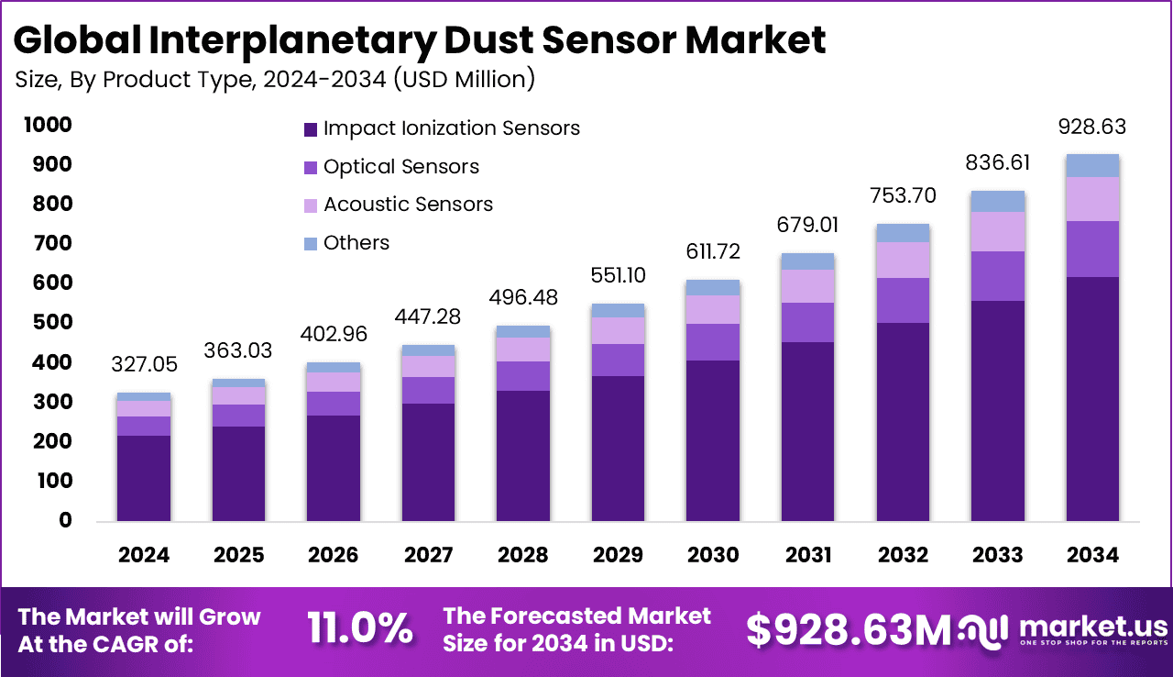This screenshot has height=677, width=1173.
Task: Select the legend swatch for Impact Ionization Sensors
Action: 311,128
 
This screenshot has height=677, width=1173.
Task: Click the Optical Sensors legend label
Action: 400,167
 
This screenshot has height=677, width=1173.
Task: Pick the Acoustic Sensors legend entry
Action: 408,205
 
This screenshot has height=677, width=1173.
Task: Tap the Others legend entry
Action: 356,243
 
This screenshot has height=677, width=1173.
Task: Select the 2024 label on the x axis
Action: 144,555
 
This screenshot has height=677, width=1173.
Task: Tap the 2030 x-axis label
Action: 713,555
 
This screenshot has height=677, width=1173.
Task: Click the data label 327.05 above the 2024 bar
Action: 144,365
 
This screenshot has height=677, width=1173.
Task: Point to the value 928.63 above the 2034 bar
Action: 1091,127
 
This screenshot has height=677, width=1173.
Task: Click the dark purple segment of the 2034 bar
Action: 1092,399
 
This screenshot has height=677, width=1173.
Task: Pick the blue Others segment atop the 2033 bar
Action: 998,202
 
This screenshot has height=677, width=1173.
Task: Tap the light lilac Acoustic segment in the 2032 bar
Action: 903,261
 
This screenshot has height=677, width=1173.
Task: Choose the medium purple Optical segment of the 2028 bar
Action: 523,376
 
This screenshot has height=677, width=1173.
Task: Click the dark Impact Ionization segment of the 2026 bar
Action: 334,468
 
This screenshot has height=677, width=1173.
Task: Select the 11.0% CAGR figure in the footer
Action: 359,629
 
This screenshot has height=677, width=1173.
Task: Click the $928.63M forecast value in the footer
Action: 849,629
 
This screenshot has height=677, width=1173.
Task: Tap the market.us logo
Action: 1064,629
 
